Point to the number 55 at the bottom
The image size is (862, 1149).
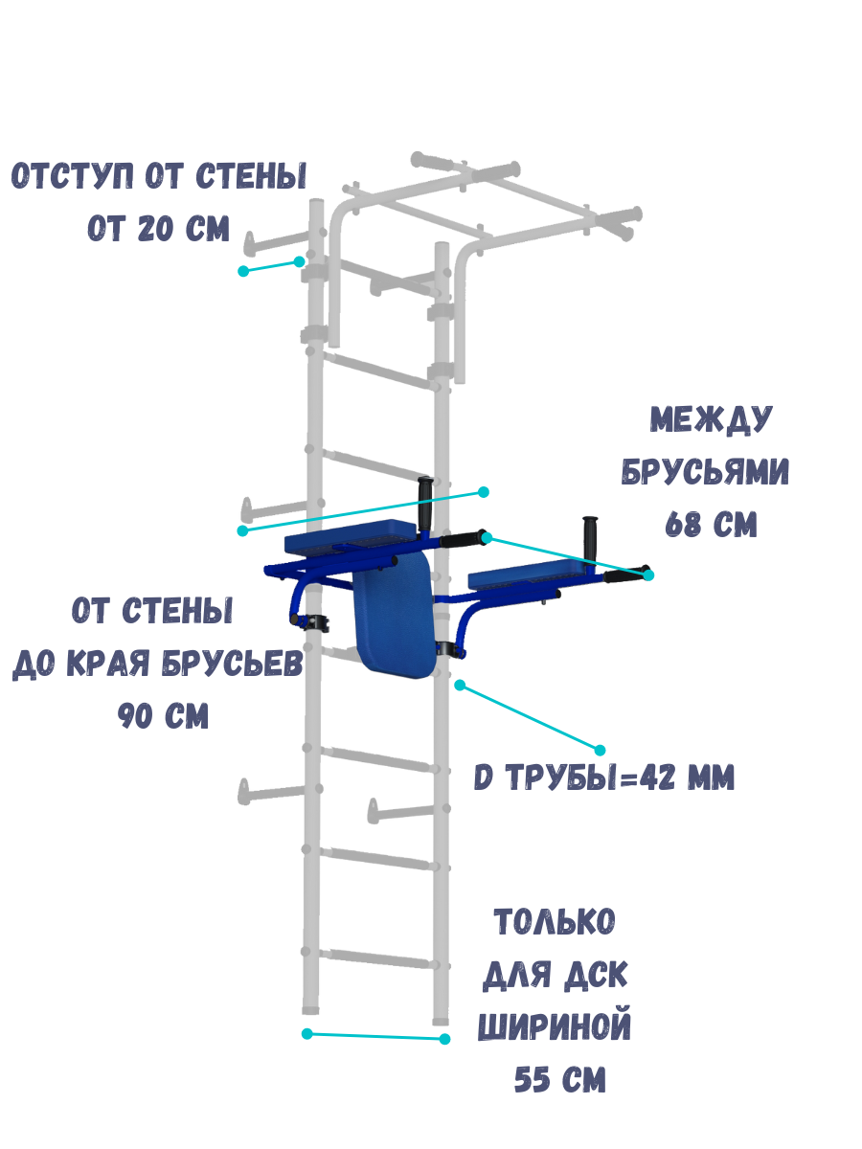coord(534,1081)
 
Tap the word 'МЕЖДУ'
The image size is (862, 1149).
coord(712,418)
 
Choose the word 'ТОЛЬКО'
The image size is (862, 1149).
coord(555,923)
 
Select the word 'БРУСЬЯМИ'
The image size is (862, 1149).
coord(706,472)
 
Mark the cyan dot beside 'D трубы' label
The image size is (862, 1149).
coord(601,750)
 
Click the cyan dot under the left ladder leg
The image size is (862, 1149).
coord(307,1034)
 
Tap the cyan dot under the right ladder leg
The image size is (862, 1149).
coord(444,1039)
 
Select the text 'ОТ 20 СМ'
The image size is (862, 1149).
coord(159,230)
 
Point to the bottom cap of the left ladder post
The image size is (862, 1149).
coord(310,1008)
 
